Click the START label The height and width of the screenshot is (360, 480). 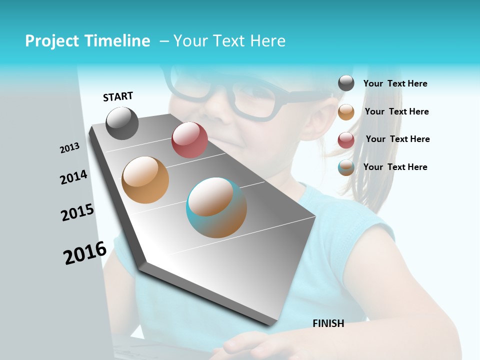click(118, 96)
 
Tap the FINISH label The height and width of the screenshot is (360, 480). click(328, 323)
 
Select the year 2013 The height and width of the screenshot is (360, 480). click(69, 148)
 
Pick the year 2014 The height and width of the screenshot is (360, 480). click(73, 177)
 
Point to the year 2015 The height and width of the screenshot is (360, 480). click(77, 212)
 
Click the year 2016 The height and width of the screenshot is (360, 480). click(85, 253)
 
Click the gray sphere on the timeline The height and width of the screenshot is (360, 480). click(122, 123)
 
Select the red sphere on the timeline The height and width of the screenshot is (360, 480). click(189, 140)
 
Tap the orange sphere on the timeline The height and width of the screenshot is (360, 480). click(145, 180)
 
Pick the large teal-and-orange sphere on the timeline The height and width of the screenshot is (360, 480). click(216, 207)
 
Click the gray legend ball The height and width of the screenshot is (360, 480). click(346, 83)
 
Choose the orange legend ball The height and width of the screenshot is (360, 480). click(346, 112)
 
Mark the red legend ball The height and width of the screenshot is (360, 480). click(346, 140)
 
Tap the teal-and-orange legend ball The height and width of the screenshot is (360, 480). click(346, 168)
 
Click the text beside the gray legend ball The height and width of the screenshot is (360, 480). click(395, 83)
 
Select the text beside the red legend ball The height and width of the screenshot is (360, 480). click(397, 139)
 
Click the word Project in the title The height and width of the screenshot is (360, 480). click(52, 41)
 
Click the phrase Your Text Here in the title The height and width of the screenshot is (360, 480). click(229, 41)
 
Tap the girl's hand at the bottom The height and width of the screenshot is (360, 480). click(250, 345)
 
